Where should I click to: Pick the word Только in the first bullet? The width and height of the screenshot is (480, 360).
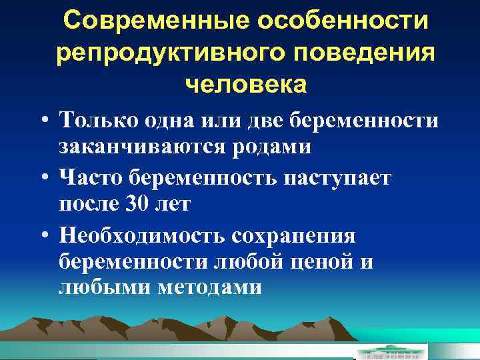[97, 121]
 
